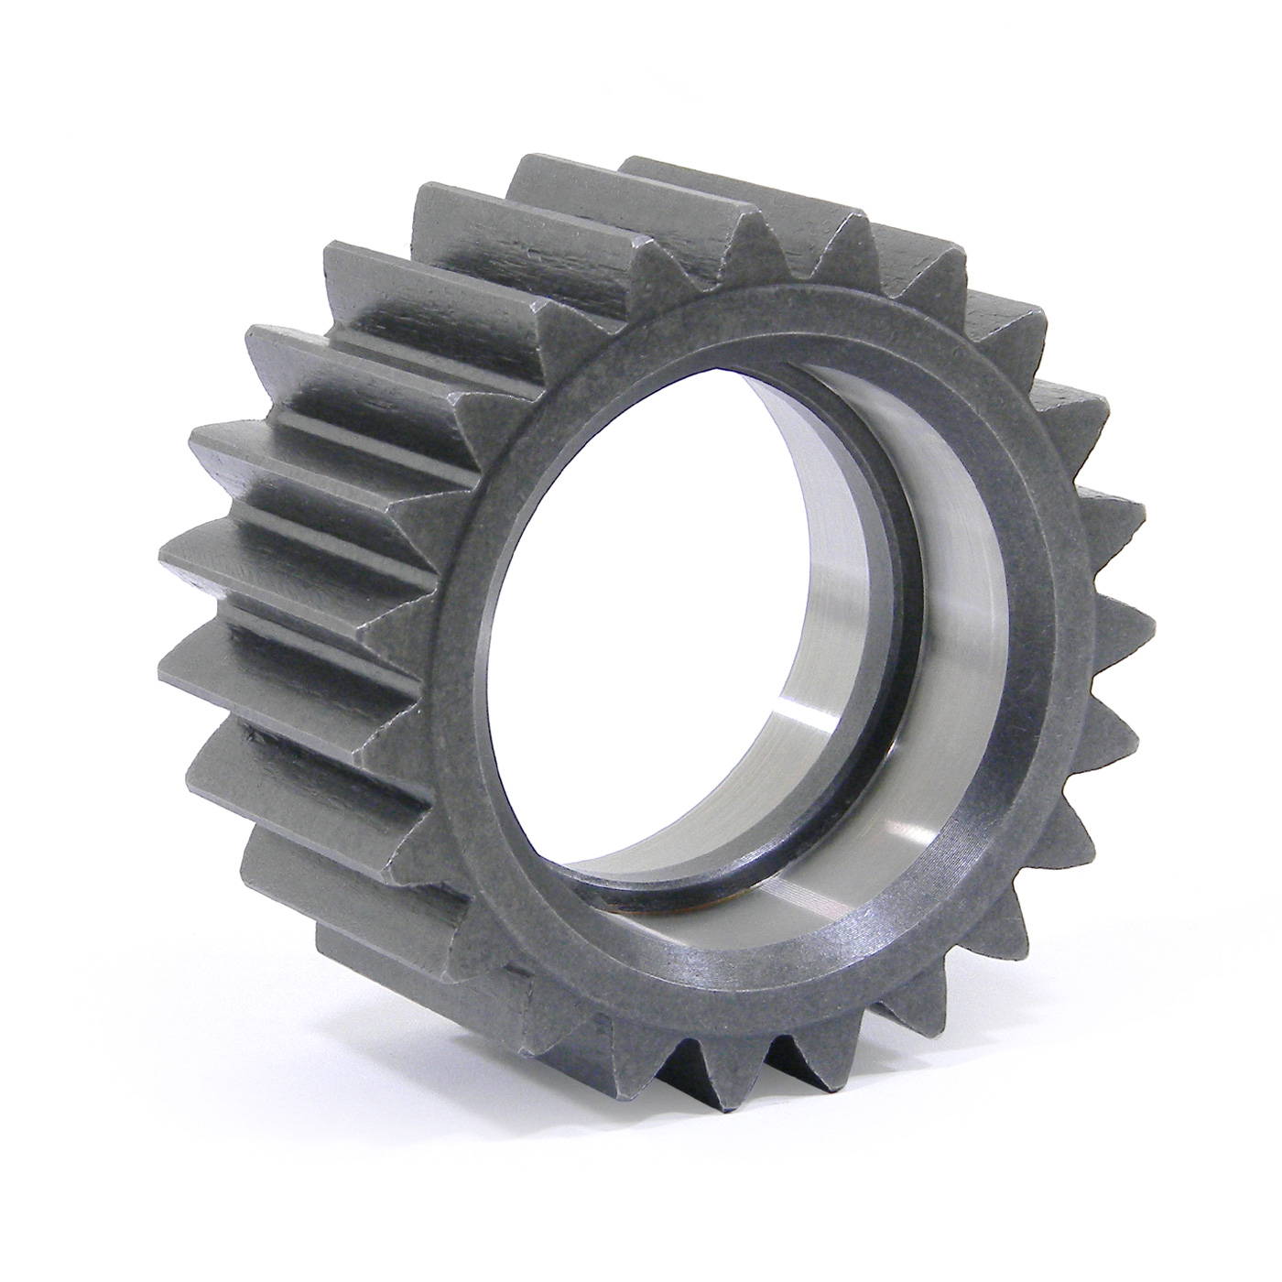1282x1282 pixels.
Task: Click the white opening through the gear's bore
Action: point(641,586)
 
